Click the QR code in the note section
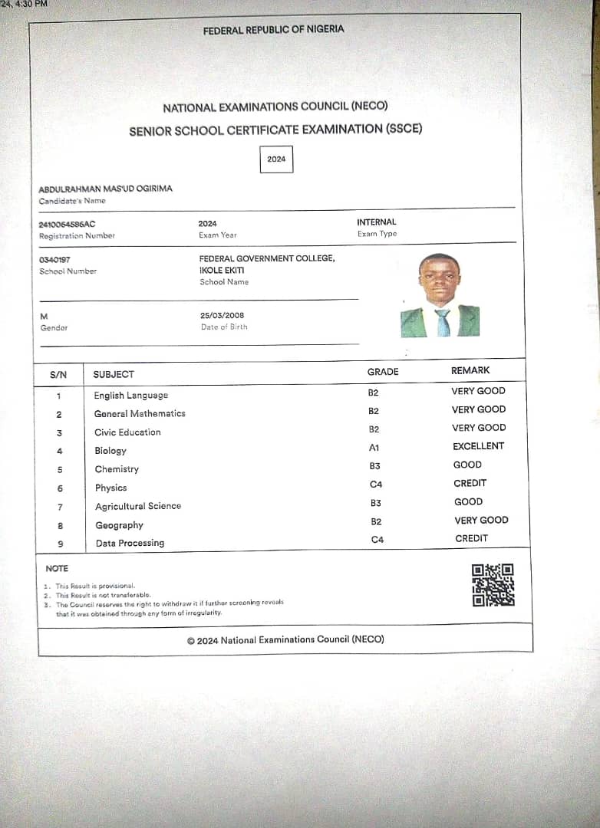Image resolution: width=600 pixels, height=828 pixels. click(x=493, y=585)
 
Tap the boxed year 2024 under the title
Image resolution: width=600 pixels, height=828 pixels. click(x=276, y=159)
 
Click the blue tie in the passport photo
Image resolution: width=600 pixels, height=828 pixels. click(x=443, y=322)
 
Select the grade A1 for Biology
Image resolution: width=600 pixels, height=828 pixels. click(x=374, y=447)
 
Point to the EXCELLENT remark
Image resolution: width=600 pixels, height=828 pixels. click(x=478, y=446)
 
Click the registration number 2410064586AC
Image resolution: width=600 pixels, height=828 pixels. click(x=67, y=224)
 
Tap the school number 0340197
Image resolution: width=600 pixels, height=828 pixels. click(x=54, y=260)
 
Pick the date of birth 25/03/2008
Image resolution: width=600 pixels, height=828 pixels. click(x=222, y=315)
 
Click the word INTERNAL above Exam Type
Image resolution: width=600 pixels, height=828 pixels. click(x=377, y=222)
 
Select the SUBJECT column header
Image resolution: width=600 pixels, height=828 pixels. click(x=114, y=374)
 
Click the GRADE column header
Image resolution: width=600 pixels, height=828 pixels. click(x=383, y=372)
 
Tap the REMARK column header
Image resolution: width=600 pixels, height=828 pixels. click(x=470, y=370)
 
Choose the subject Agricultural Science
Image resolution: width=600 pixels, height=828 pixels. click(x=138, y=506)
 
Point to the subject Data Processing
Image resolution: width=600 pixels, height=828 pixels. click(x=130, y=543)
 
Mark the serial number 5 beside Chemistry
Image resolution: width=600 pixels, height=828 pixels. click(x=60, y=470)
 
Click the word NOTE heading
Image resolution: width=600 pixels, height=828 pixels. click(x=57, y=568)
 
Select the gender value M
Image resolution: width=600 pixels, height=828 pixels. click(x=44, y=316)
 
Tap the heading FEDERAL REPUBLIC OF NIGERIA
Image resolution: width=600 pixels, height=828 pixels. click(x=273, y=30)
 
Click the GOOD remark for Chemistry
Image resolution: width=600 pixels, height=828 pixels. click(x=467, y=465)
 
